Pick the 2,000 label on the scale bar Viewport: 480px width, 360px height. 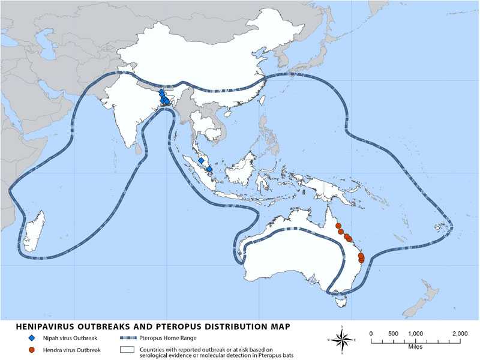click(x=460, y=334)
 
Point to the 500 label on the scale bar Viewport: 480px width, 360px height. click(x=393, y=334)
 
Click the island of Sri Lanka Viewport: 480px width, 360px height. click(x=143, y=146)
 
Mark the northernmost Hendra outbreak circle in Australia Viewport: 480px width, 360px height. click(x=338, y=226)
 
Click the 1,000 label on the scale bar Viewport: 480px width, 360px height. click(x=415, y=334)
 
